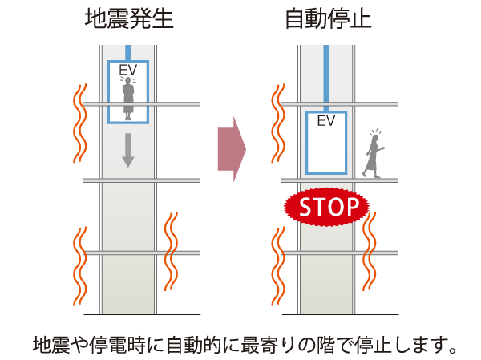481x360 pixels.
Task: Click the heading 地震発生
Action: coord(127,19)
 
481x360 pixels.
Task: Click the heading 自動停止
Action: coord(328,19)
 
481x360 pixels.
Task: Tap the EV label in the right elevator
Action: coord(325,122)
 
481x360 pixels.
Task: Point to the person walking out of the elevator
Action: coord(374,155)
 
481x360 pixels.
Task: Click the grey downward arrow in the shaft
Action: coord(127,150)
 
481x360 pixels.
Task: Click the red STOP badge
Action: coord(326,207)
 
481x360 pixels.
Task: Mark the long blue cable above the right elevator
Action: coord(326,76)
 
